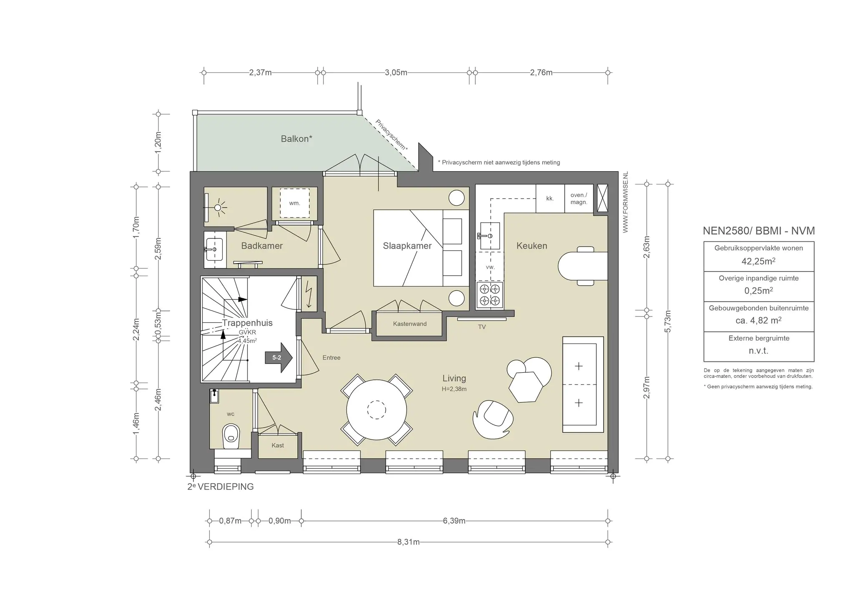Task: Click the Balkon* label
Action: point(296,139)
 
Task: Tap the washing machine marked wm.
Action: point(294,203)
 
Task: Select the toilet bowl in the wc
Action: point(231,436)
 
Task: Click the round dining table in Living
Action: point(377,409)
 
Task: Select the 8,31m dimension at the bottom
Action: point(408,542)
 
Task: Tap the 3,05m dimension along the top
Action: point(396,72)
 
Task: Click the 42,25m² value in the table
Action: point(759,261)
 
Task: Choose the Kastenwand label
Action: point(409,324)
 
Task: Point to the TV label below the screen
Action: point(482,327)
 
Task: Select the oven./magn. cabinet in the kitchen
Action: point(579,199)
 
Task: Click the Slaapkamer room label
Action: point(407,246)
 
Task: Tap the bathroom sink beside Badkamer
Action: point(215,249)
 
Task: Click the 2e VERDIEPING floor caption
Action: point(221,486)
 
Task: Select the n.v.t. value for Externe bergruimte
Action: point(759,351)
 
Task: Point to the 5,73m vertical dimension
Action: point(668,321)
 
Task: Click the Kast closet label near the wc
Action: point(278,445)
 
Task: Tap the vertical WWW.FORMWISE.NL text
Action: point(625,202)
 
